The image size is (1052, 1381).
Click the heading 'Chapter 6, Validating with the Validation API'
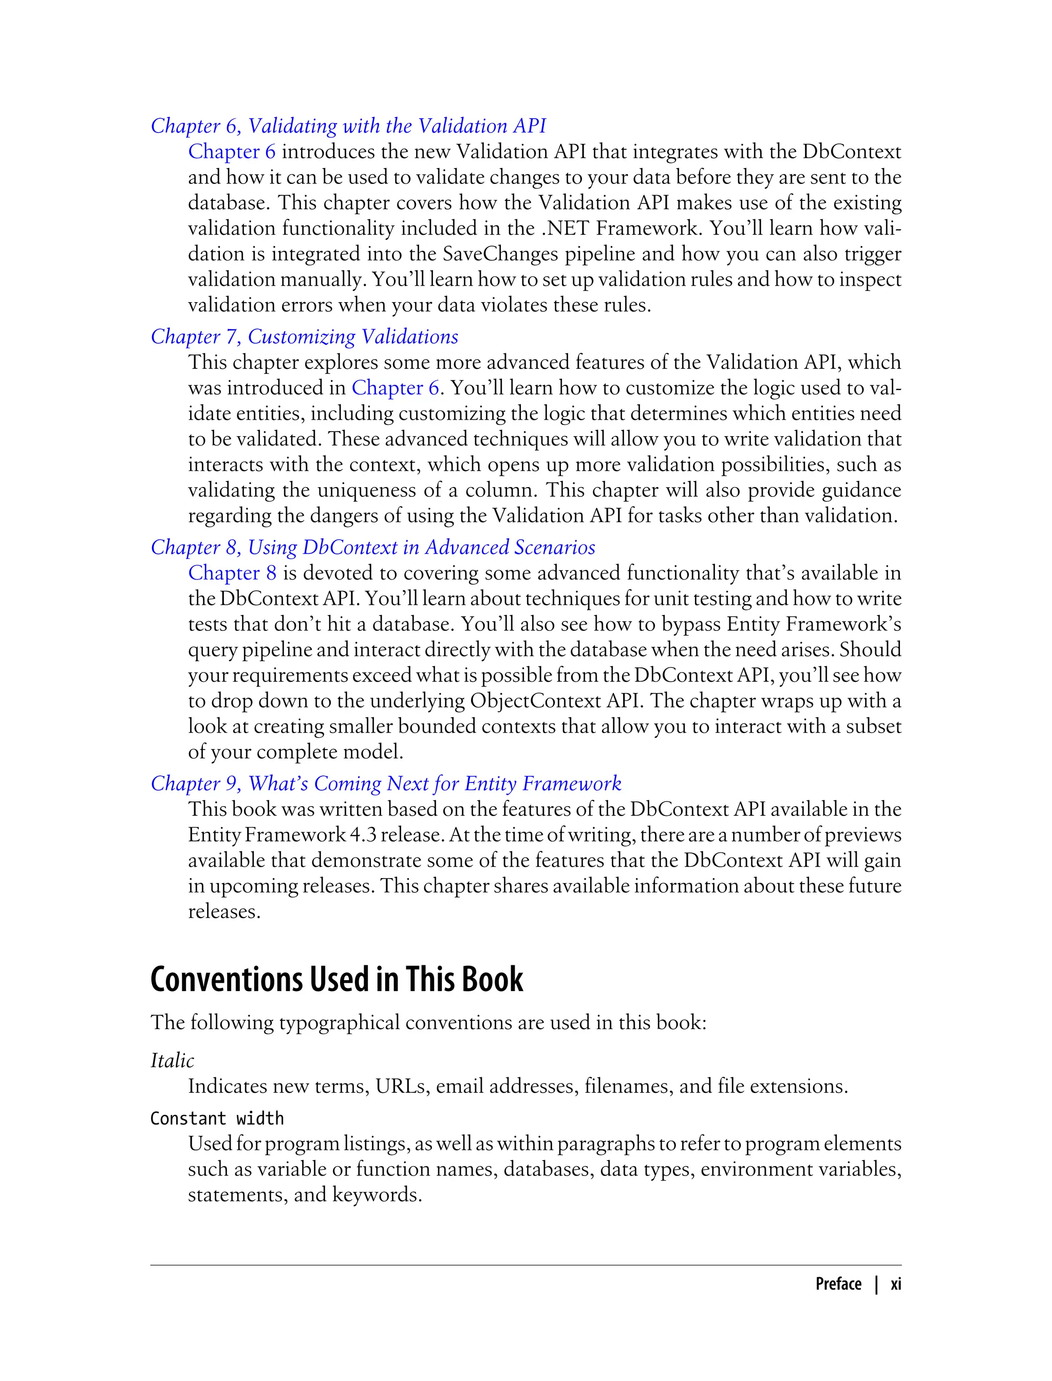348,126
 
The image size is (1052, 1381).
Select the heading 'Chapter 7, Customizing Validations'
304,337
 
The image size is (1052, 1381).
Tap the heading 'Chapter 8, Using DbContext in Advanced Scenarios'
372,547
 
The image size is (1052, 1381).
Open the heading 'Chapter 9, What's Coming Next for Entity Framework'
386,783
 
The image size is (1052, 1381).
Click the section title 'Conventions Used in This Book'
336,980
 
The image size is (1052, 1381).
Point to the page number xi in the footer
896,1284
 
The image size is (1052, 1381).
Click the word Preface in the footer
838,1284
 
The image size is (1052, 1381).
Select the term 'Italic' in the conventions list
172,1061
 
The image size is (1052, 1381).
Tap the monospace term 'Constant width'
217,1118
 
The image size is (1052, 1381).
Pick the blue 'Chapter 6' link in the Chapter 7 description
394,388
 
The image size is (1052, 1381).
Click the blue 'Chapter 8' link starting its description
232,573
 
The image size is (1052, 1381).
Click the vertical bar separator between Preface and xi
876,1284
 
